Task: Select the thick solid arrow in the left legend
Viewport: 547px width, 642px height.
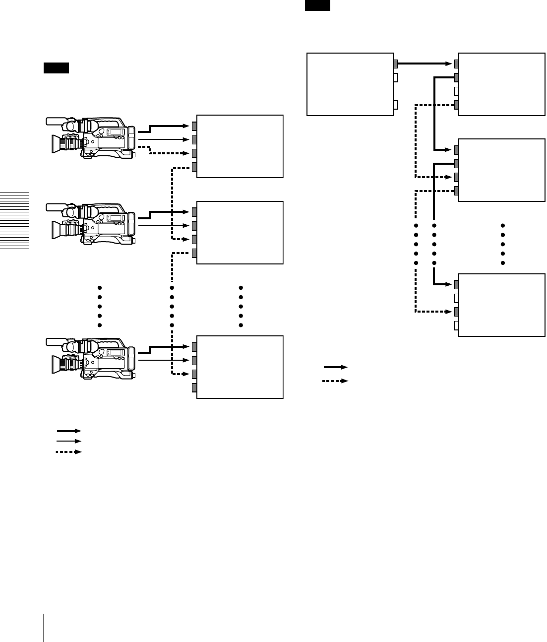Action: (x=68, y=431)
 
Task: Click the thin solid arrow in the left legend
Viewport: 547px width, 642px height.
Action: (x=68, y=441)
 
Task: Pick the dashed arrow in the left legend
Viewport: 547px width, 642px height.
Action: (x=68, y=452)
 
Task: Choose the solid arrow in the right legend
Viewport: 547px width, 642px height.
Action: (x=336, y=367)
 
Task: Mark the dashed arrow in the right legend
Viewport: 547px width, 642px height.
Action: (x=336, y=381)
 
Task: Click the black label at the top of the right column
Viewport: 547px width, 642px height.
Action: (x=317, y=5)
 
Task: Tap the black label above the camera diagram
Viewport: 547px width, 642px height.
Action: (x=56, y=68)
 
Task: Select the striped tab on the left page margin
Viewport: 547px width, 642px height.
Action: (x=14, y=221)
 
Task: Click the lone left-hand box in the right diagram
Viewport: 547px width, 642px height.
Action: (x=350, y=84)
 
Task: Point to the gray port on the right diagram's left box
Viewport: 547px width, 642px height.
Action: (x=395, y=64)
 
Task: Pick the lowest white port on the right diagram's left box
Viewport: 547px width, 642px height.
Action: (x=395, y=104)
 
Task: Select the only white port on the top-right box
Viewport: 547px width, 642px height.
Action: (x=456, y=91)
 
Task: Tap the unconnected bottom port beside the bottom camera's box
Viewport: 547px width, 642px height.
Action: (x=194, y=387)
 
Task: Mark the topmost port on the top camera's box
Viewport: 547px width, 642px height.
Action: (x=194, y=126)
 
